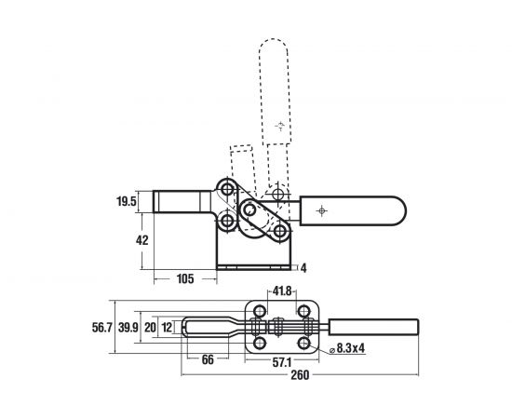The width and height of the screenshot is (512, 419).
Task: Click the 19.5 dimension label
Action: click(x=126, y=201)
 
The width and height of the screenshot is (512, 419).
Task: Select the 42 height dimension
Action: click(x=142, y=240)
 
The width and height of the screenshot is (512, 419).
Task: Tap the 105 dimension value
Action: click(x=185, y=279)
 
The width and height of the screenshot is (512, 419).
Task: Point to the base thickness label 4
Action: click(x=303, y=268)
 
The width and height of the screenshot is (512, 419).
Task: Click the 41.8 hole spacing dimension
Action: click(x=282, y=291)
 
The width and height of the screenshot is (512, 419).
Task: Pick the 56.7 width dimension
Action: click(x=101, y=327)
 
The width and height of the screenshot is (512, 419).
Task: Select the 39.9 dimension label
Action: click(x=128, y=327)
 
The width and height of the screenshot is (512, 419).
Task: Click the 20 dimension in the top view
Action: click(x=150, y=327)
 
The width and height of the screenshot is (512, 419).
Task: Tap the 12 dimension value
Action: click(x=167, y=327)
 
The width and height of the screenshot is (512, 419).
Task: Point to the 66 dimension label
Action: click(x=208, y=360)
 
